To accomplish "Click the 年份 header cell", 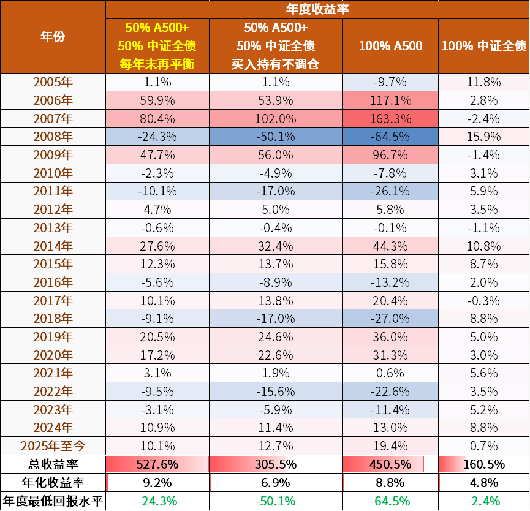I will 53,37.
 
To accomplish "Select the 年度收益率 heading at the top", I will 317,9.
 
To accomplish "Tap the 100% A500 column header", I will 390,46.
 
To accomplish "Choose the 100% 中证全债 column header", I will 484,46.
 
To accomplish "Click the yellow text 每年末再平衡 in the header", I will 157,64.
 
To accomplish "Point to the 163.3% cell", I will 390,118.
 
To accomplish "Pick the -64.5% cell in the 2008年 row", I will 390,137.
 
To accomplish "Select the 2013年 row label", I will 53,227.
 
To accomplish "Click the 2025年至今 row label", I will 53,445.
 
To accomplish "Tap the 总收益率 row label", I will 53,464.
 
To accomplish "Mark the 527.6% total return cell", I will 157,464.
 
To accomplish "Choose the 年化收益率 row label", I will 53,482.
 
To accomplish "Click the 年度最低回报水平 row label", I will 53,501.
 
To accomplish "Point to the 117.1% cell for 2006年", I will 390,100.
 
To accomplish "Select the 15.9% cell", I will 484,137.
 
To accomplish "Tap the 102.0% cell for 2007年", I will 276,118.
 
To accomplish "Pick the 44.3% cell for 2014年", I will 390,246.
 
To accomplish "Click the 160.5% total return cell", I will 484,464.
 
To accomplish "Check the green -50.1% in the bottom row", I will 276,501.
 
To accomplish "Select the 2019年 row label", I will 53,336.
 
